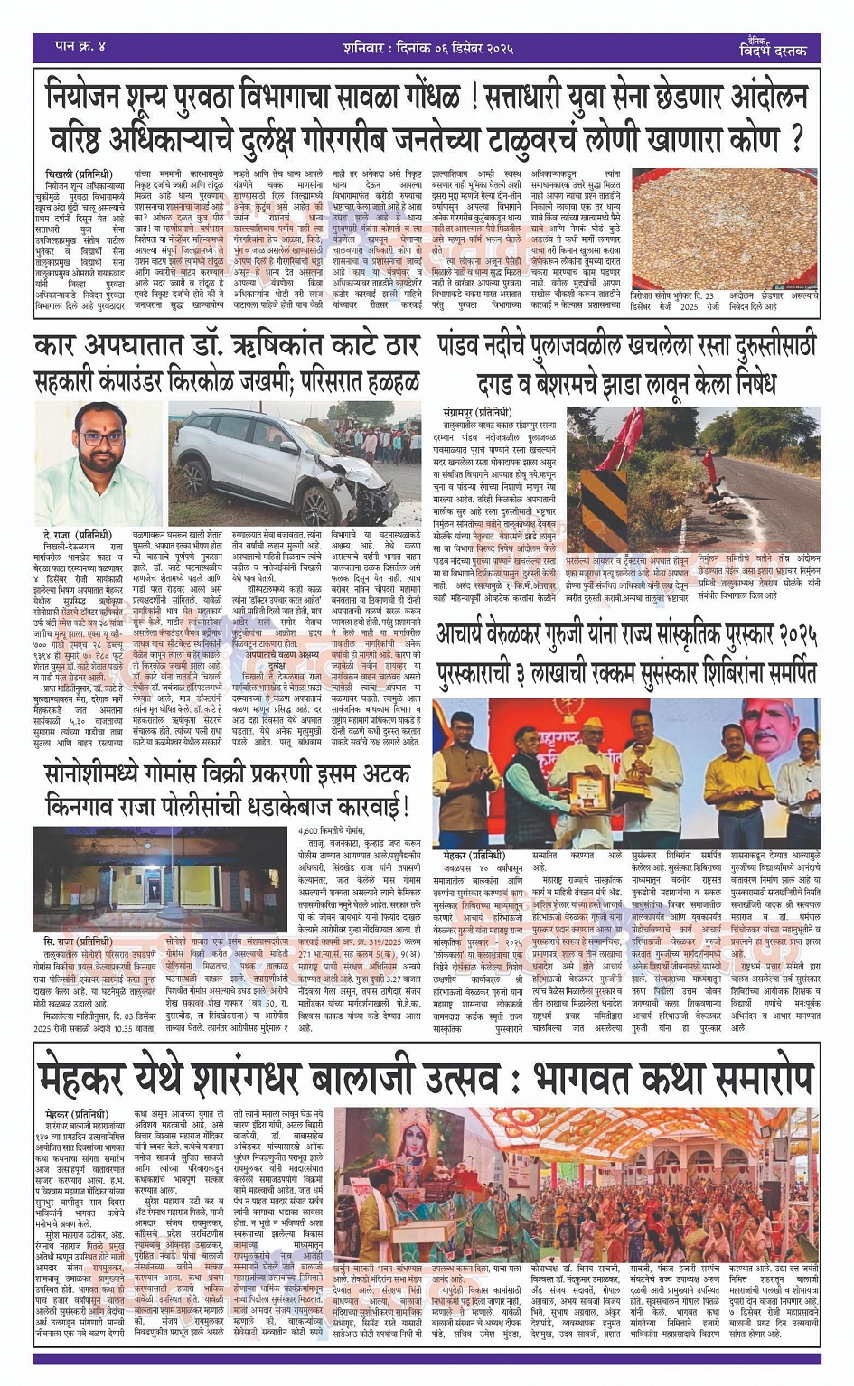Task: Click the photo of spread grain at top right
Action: pyautogui.click(x=727, y=223)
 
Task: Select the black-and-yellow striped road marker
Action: pyautogui.click(x=597, y=502)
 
